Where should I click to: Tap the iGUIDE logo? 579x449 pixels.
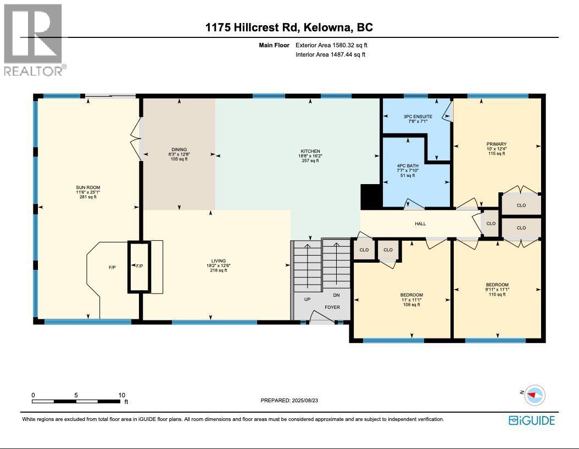click(x=532, y=420)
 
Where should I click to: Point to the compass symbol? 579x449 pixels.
click(x=533, y=394)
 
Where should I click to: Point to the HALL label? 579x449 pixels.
click(x=420, y=224)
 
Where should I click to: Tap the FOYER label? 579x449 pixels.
click(x=332, y=307)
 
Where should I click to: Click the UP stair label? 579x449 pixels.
click(x=307, y=300)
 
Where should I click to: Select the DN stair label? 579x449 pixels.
click(x=336, y=295)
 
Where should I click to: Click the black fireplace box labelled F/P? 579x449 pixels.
click(x=139, y=267)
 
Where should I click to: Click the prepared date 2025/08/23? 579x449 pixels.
click(x=289, y=401)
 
